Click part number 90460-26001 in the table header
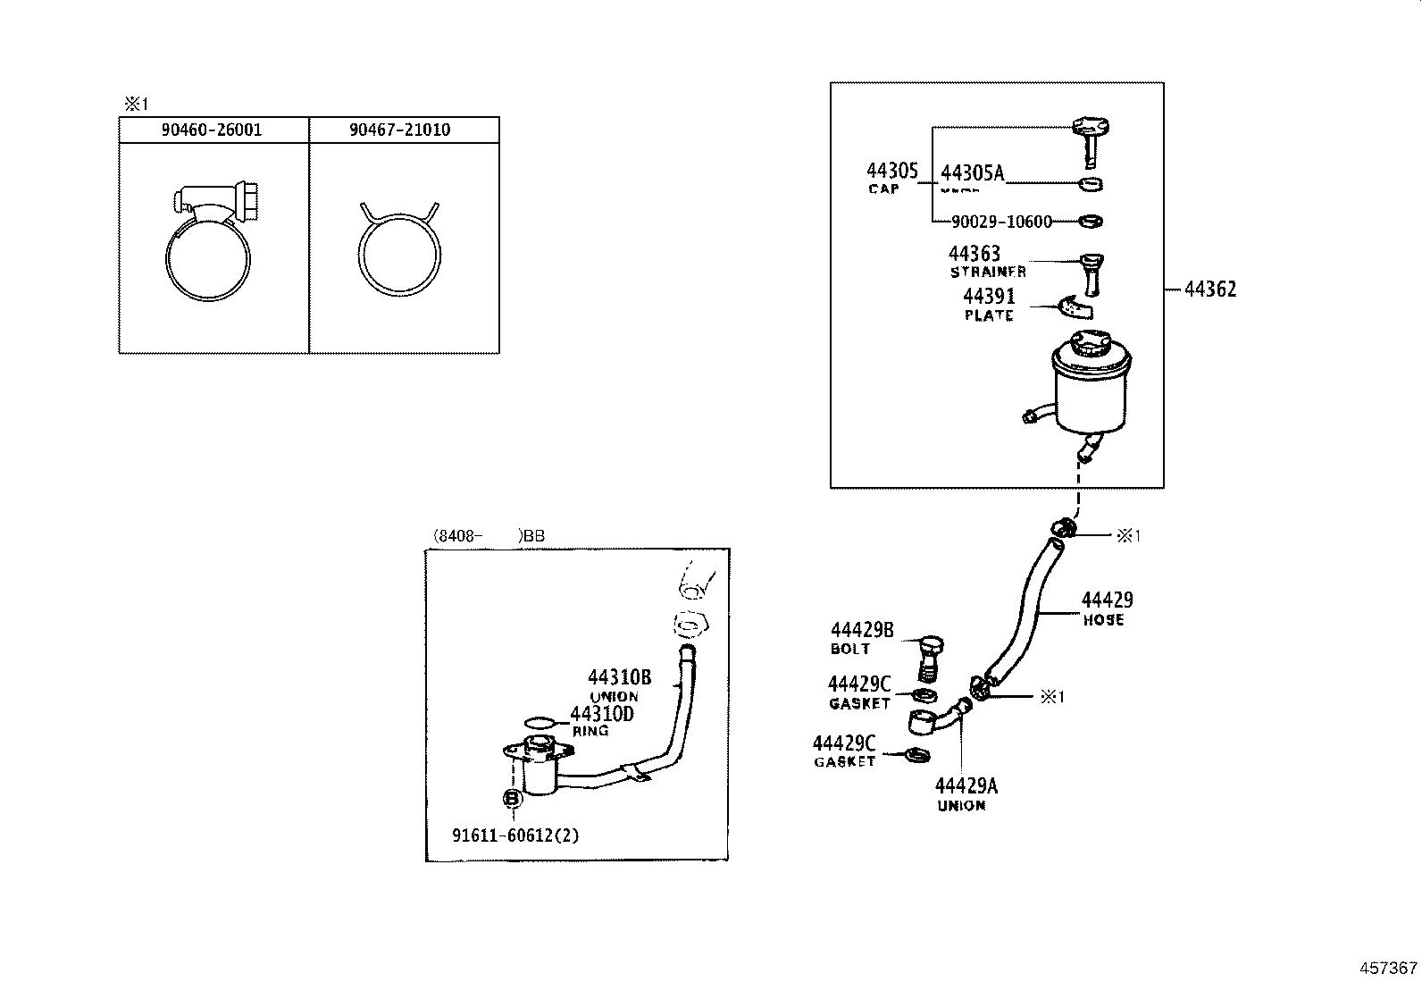pos(212,130)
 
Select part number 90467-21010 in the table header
pos(399,130)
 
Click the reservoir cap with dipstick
pos(1090,134)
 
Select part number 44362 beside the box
pos(1210,290)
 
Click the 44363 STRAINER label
pos(983,262)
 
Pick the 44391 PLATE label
pos(989,305)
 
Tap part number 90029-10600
pos(1001,222)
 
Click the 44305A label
pos(972,174)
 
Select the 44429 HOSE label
pos(1107,609)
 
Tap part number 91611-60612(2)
pos(515,836)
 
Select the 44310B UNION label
pos(619,685)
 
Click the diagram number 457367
pos(1388,968)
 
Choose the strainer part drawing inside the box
pos(1092,273)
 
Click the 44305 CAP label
pos(891,177)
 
